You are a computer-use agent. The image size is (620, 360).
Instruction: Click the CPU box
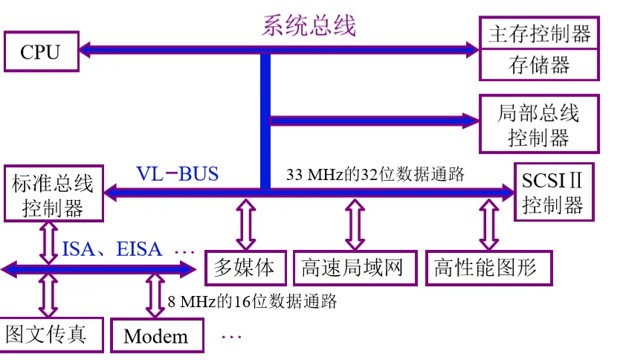[x=40, y=51]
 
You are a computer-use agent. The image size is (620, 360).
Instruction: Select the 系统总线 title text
[x=309, y=25]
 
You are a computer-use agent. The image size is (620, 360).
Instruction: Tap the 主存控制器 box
[x=539, y=33]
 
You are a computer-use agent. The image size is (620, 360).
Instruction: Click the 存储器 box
[x=539, y=65]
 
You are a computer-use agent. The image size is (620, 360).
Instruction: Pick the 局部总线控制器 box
[x=539, y=124]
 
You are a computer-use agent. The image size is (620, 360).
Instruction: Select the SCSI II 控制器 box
[x=553, y=192]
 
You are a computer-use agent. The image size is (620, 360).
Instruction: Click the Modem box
[x=156, y=336]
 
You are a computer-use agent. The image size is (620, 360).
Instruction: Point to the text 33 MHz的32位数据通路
[x=375, y=175]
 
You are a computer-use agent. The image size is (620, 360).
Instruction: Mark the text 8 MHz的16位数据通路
[x=253, y=301]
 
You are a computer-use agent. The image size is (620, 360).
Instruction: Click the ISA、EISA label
[x=112, y=248]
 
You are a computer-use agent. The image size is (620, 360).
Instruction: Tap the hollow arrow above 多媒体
[x=245, y=223]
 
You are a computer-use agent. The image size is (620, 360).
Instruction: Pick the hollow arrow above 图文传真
[x=48, y=295]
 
